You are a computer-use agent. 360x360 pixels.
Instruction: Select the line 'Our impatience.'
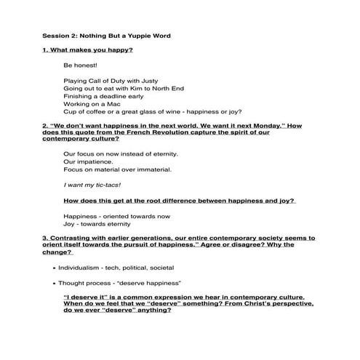[x=87, y=161]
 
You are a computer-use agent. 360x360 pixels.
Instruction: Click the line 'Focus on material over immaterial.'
[x=117, y=169]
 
